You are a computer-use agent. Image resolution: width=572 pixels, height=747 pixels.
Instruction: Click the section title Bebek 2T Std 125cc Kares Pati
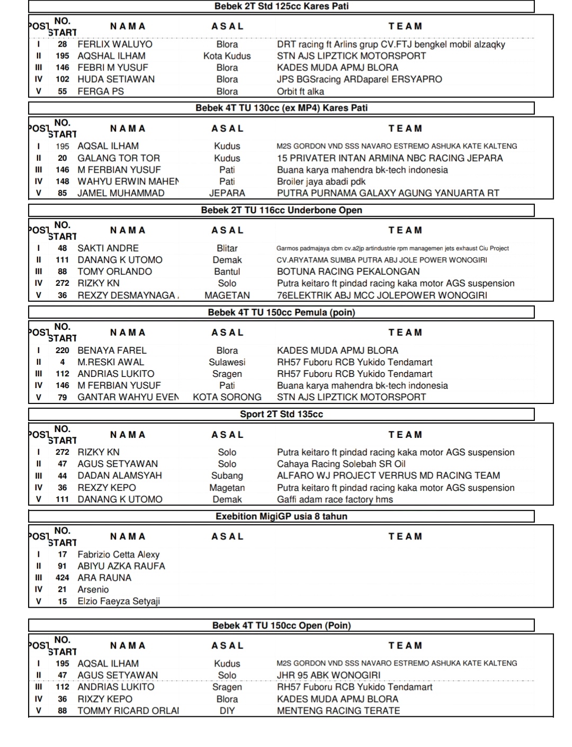click(281, 6)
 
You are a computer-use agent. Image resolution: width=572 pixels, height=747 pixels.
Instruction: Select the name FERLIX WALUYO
click(115, 44)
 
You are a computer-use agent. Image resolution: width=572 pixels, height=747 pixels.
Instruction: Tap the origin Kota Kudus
click(227, 56)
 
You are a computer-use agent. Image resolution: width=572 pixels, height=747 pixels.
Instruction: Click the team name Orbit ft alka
click(300, 91)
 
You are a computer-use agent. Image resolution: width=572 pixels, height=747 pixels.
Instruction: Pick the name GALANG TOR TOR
click(119, 158)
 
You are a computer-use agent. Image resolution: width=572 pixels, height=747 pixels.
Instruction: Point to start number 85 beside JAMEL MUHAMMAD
click(62, 193)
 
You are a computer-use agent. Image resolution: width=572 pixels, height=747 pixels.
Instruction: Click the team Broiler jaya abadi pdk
click(321, 182)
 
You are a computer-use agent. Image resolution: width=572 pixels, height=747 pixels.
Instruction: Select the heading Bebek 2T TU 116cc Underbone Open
click(281, 210)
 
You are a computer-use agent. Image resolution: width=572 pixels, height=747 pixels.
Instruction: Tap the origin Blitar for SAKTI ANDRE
click(227, 248)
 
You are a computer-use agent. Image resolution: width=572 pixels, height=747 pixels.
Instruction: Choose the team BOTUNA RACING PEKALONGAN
click(348, 272)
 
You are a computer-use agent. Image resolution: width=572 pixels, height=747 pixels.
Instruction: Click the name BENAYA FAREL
click(112, 350)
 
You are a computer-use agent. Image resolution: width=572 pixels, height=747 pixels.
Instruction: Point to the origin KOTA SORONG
click(227, 397)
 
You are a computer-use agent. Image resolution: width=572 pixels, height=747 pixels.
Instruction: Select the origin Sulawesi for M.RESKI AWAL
click(227, 362)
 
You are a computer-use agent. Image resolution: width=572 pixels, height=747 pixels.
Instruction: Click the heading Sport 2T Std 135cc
click(281, 414)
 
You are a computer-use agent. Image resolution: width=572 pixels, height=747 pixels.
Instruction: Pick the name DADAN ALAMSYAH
click(120, 475)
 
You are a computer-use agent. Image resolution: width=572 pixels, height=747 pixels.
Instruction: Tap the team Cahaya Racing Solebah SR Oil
click(341, 464)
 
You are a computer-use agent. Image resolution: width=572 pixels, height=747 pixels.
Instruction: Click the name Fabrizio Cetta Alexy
click(118, 554)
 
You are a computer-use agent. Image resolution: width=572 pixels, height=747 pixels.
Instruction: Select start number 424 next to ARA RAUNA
click(62, 578)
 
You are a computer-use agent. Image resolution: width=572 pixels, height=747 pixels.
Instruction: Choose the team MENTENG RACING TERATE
click(338, 710)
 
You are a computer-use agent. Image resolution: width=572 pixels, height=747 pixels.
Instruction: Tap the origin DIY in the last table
click(227, 710)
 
